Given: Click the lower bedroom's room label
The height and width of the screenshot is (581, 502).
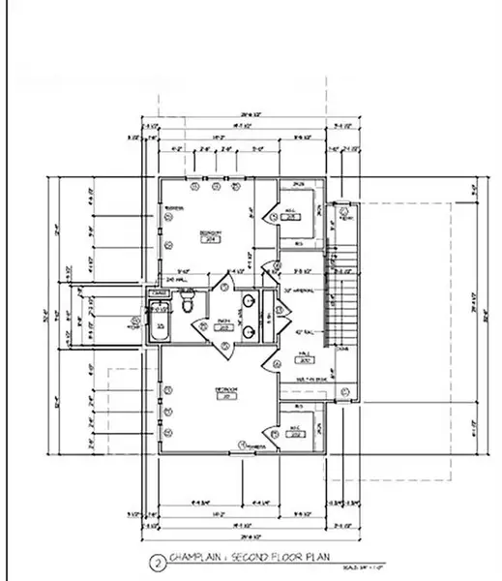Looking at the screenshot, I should pyautogui.click(x=225, y=392).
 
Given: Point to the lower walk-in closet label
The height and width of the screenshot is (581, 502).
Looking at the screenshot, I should pyautogui.click(x=294, y=433).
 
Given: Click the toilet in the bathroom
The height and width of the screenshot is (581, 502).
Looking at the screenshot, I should pyautogui.click(x=189, y=303).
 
